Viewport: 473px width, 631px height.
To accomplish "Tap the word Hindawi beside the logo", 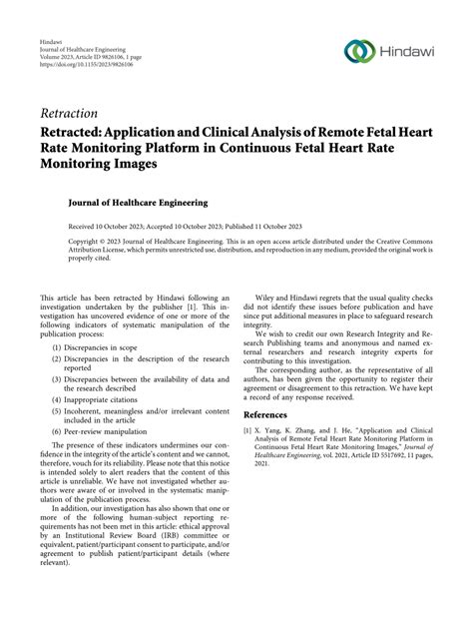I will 408,51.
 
